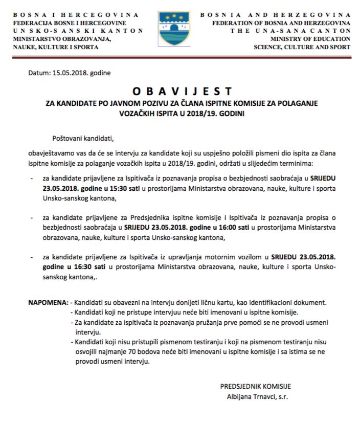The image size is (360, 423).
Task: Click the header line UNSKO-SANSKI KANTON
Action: pos(78,31)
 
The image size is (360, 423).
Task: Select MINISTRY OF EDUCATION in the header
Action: pos(310,38)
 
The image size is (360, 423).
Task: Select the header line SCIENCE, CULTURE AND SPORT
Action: pos(302,47)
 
